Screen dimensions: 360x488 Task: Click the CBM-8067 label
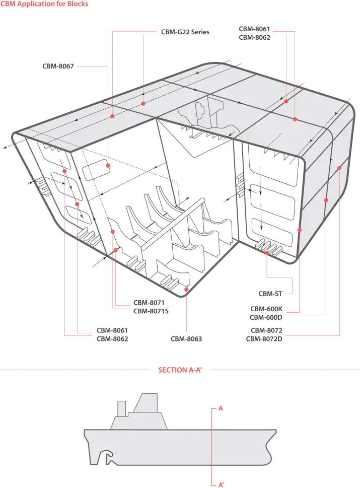pyautogui.click(x=58, y=66)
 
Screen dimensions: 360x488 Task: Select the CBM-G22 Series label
pyautogui.click(x=185, y=32)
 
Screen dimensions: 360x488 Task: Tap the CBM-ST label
pyautogui.click(x=270, y=294)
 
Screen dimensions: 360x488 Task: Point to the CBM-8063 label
pyautogui.click(x=186, y=338)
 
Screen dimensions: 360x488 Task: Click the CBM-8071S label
pyautogui.click(x=151, y=311)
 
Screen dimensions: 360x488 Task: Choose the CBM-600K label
pyautogui.click(x=266, y=309)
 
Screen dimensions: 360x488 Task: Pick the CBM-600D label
pyautogui.click(x=266, y=317)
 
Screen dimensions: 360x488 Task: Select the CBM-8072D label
pyautogui.click(x=264, y=338)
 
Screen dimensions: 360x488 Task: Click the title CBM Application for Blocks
pyautogui.click(x=44, y=4)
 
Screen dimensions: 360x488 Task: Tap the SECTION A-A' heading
pyautogui.click(x=180, y=370)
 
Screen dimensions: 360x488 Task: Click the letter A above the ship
pyautogui.click(x=221, y=408)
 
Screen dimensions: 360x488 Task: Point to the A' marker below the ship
pyautogui.click(x=221, y=484)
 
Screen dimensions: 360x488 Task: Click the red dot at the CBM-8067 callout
pyautogui.click(x=108, y=166)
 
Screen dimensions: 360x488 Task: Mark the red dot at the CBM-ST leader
pyautogui.click(x=267, y=253)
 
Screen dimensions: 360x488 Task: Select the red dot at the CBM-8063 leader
pyautogui.click(x=186, y=290)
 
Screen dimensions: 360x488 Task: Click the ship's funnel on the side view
pyautogui.click(x=122, y=409)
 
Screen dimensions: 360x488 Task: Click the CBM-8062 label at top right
pyautogui.click(x=255, y=37)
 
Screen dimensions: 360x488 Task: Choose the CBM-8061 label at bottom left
pyautogui.click(x=112, y=330)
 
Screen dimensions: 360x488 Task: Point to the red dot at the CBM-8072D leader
pyautogui.click(x=339, y=168)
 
